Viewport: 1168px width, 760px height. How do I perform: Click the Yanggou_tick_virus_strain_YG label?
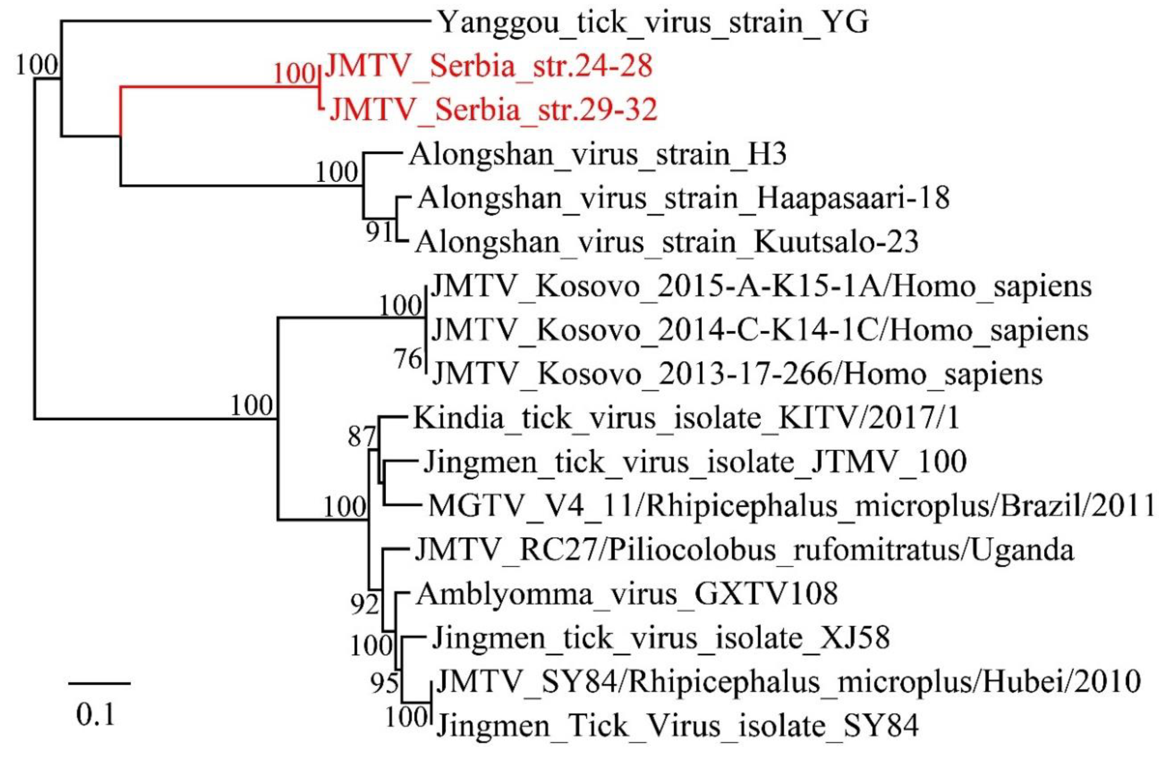(x=653, y=23)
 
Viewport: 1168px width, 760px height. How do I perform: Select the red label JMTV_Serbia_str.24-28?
(x=488, y=65)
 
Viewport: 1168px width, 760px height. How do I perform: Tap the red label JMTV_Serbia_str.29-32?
(x=493, y=109)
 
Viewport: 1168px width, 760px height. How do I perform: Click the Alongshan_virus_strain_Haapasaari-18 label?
(x=683, y=198)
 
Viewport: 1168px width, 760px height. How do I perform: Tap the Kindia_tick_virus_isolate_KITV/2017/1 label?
(x=686, y=418)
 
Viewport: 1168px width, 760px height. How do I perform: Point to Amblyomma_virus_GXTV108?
(x=627, y=594)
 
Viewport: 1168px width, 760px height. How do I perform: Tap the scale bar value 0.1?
(x=96, y=715)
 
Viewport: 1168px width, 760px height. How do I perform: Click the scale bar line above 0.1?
(x=99, y=683)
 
